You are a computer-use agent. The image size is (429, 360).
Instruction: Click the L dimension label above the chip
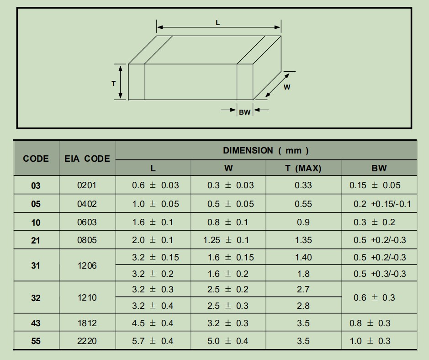tap(218, 23)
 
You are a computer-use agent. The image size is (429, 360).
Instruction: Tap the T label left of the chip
tap(114, 84)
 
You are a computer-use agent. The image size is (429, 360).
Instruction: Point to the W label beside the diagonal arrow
tap(287, 87)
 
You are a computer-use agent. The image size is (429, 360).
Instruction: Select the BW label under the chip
tap(244, 112)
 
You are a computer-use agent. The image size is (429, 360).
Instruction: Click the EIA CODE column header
tap(87, 159)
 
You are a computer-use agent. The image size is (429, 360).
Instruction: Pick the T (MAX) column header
tap(303, 168)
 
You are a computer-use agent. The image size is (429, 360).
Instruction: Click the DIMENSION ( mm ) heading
tap(265, 150)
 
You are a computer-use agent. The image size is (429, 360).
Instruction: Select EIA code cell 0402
tap(87, 204)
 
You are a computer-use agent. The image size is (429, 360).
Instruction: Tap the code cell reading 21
tap(36, 240)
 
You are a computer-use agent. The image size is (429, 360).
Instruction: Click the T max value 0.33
tap(303, 185)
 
